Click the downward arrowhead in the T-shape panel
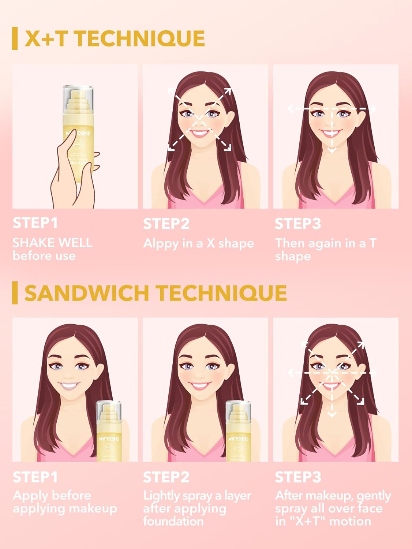(x=332, y=150)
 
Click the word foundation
(x=173, y=521)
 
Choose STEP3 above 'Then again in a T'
(x=297, y=224)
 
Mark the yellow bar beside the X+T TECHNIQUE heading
(x=15, y=38)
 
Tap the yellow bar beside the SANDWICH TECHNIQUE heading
(x=15, y=293)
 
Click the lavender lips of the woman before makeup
(x=70, y=386)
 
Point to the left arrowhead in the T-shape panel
(x=291, y=109)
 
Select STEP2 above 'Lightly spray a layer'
(x=166, y=477)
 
